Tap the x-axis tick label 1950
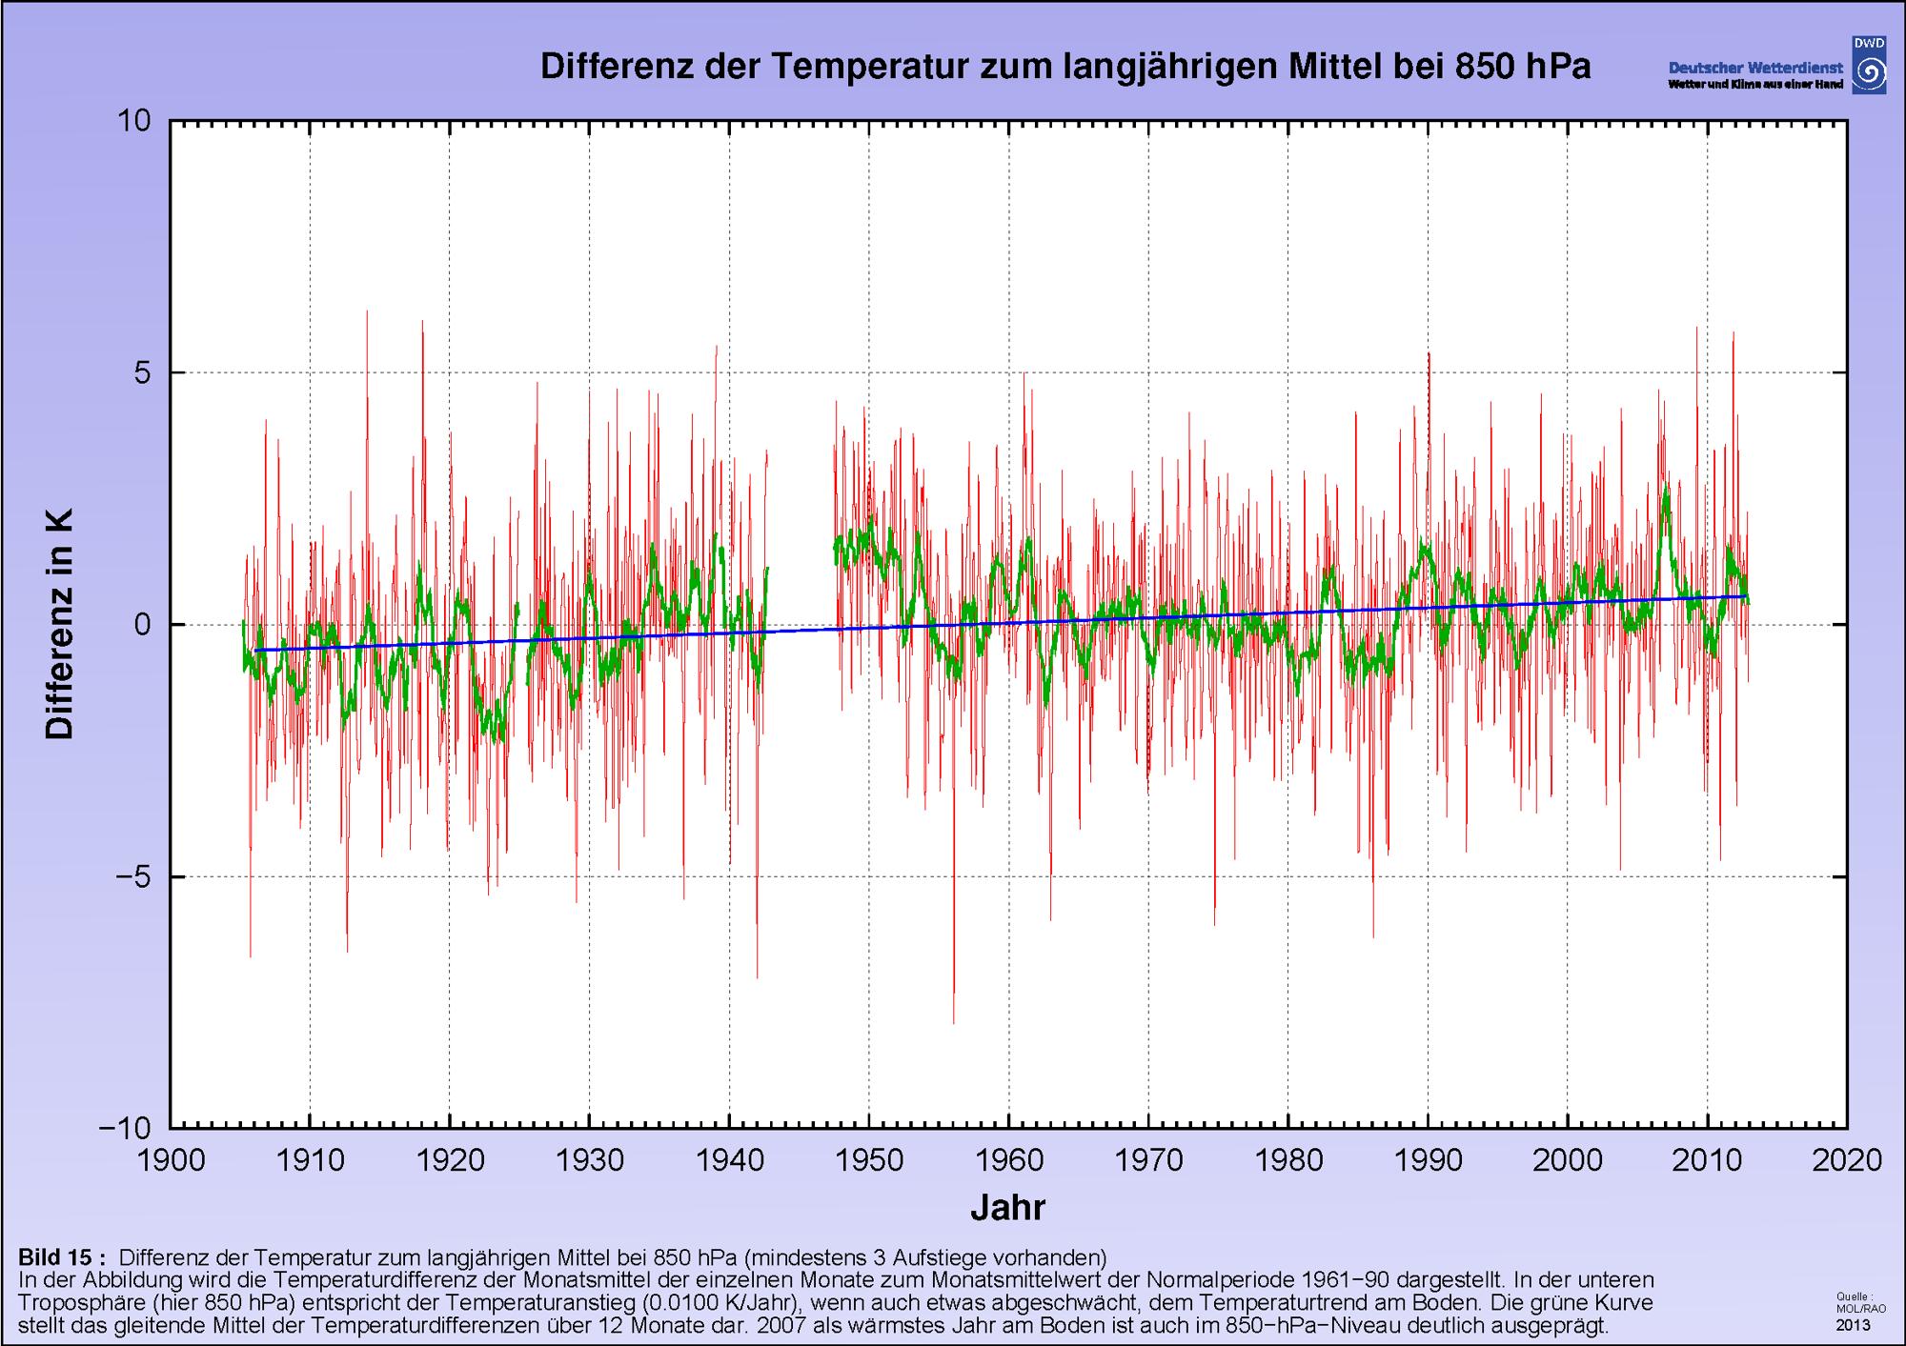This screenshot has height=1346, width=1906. pos(869,1159)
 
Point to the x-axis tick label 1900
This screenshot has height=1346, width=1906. pos(171,1159)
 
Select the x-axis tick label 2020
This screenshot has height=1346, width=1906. pos(1847,1159)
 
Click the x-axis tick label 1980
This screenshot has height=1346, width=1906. pos(1288,1159)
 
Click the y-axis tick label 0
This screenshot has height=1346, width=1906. pos(143,625)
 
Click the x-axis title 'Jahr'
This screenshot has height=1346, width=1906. pos(1008,1207)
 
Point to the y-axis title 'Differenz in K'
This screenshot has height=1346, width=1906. pos(59,625)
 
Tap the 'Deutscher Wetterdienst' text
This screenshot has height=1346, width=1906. pos(1755,69)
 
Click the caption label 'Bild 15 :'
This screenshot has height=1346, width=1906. pos(62,1256)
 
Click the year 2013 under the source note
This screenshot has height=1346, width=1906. pos(1853,1325)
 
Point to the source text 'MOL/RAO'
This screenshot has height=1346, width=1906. pos(1861,1308)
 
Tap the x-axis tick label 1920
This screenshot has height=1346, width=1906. pos(450,1159)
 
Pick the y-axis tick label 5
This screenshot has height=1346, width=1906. pos(143,372)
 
